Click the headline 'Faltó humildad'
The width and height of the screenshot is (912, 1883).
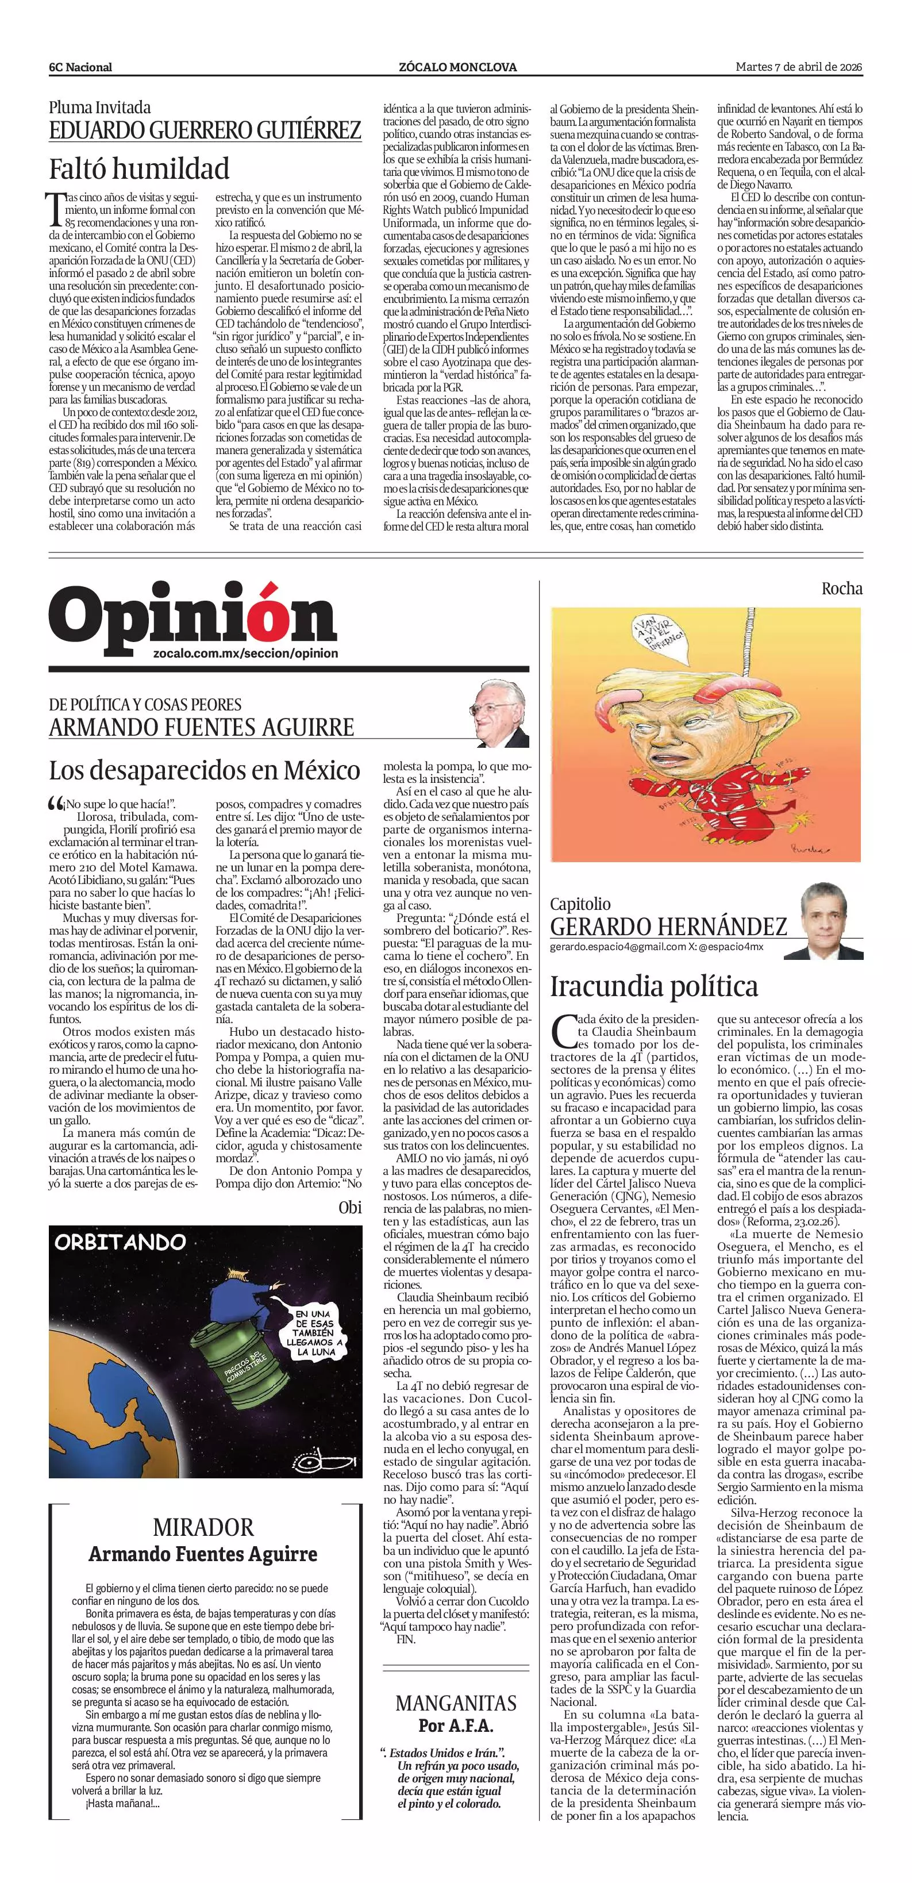[x=139, y=169]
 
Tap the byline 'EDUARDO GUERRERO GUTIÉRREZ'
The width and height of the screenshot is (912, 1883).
[x=205, y=131]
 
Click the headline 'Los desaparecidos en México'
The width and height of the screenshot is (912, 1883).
[x=205, y=770]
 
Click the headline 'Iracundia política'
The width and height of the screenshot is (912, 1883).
[x=654, y=986]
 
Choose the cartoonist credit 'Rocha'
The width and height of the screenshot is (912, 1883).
[x=842, y=589]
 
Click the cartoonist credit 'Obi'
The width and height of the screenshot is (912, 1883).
[x=350, y=1207]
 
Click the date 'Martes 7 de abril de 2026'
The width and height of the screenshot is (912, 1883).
[x=799, y=67]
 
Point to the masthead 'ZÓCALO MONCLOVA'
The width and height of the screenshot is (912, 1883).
[x=457, y=67]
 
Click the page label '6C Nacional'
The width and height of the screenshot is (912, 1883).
[x=80, y=67]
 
